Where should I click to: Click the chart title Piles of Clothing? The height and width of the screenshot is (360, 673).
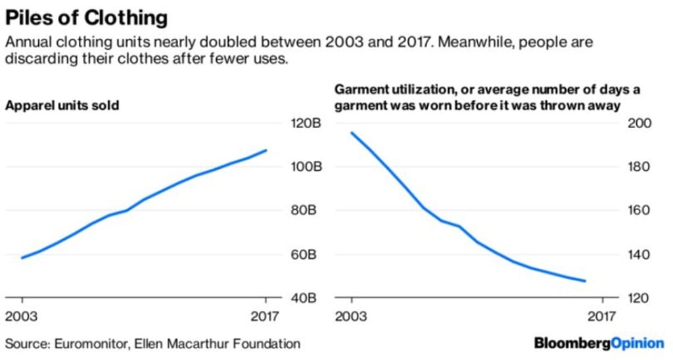click(x=86, y=16)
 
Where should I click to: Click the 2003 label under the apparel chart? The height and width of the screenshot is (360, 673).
click(x=22, y=317)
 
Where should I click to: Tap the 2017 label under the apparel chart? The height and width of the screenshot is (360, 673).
click(x=266, y=317)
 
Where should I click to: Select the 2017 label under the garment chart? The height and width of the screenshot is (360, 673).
click(x=601, y=317)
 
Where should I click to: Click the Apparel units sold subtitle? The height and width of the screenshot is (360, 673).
click(x=62, y=105)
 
